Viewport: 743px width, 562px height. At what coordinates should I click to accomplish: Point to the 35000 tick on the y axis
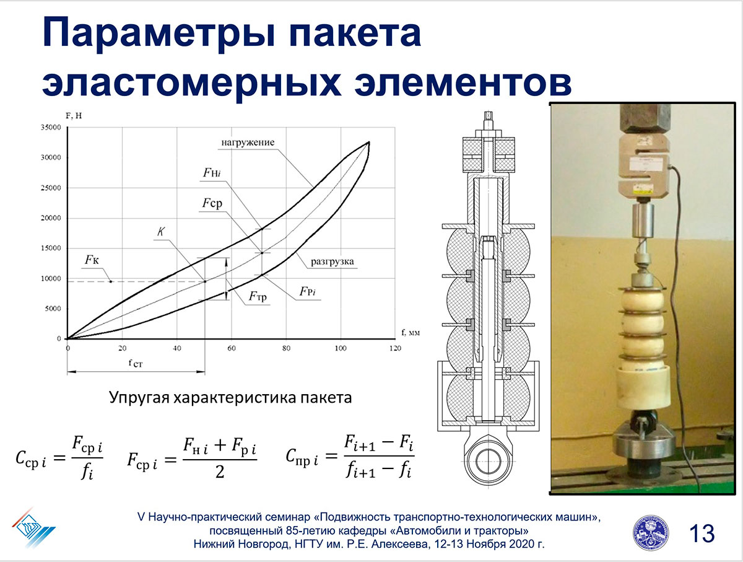51,128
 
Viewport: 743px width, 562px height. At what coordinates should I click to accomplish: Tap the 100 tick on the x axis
341,348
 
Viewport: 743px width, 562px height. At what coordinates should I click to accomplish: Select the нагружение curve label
248,143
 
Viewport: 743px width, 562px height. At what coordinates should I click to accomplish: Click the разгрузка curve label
332,261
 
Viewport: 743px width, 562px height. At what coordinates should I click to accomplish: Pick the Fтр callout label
258,296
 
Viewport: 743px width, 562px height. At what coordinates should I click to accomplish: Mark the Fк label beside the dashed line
92,260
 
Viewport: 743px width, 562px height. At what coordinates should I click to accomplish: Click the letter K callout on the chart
161,232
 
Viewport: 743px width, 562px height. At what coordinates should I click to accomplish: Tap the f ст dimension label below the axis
136,363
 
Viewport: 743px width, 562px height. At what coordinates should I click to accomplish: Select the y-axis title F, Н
74,116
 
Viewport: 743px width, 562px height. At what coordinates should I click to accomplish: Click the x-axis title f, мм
411,332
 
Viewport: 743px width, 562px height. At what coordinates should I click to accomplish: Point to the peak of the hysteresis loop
369,143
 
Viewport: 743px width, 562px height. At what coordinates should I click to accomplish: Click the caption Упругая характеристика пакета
230,397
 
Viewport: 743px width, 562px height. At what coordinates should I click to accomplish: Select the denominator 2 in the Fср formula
220,472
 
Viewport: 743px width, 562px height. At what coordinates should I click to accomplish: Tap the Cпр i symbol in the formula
302,457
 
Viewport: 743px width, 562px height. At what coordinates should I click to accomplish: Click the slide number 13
702,533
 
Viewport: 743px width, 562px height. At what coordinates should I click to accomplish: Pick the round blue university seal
651,533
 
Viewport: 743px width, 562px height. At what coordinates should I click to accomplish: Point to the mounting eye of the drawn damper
488,462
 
